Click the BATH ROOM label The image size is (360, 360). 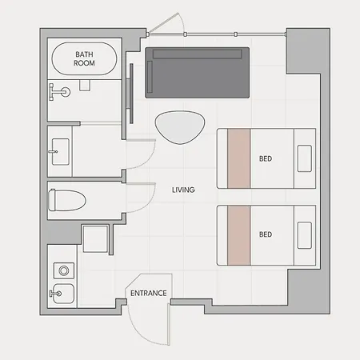[84, 58]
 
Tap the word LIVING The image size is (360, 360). [183, 190]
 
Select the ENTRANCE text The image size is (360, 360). [149, 293]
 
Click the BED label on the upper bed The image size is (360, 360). [266, 158]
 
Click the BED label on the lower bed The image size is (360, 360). [266, 234]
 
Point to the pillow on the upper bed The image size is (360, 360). [305, 158]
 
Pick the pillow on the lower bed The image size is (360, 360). [305, 235]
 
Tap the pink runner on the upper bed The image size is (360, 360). [239, 158]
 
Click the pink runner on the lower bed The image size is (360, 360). [239, 235]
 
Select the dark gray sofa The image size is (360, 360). [198, 73]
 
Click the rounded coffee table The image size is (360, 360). [180, 127]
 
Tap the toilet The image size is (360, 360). [66, 200]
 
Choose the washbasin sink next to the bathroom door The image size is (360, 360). [61, 151]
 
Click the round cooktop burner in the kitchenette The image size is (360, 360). [64, 270]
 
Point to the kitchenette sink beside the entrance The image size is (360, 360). [63, 294]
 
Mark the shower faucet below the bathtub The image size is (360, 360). [59, 92]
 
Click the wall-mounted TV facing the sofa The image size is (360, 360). [131, 94]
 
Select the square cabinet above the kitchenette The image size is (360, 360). [95, 239]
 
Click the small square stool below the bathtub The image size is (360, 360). [85, 86]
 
